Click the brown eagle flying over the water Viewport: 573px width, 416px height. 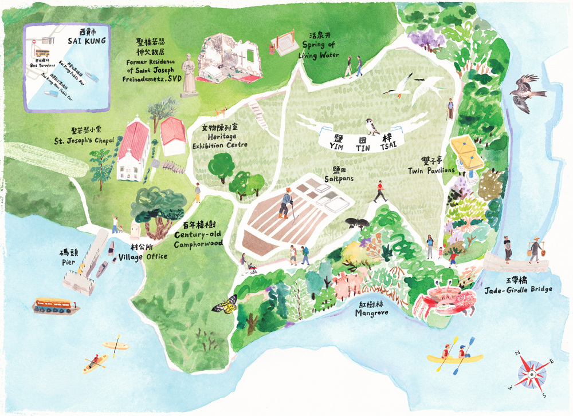tap(524, 93)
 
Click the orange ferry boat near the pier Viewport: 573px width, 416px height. tap(56, 305)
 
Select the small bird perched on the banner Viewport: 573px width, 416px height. tap(372, 126)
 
